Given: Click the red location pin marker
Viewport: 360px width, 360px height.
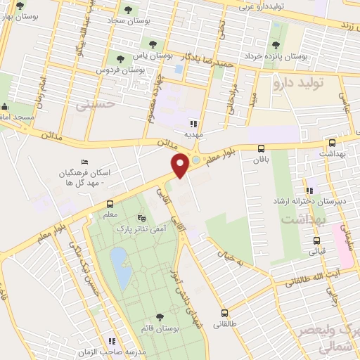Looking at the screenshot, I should (x=181, y=165).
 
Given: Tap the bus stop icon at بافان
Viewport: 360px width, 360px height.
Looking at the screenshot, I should (x=261, y=148).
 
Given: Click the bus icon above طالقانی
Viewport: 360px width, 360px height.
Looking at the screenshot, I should (x=224, y=314).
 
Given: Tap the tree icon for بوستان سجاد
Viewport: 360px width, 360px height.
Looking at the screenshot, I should (x=127, y=10).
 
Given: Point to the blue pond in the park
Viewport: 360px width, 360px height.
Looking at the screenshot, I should (x=120, y=269).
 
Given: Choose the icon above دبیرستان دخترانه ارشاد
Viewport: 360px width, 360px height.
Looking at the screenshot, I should (x=309, y=191).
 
